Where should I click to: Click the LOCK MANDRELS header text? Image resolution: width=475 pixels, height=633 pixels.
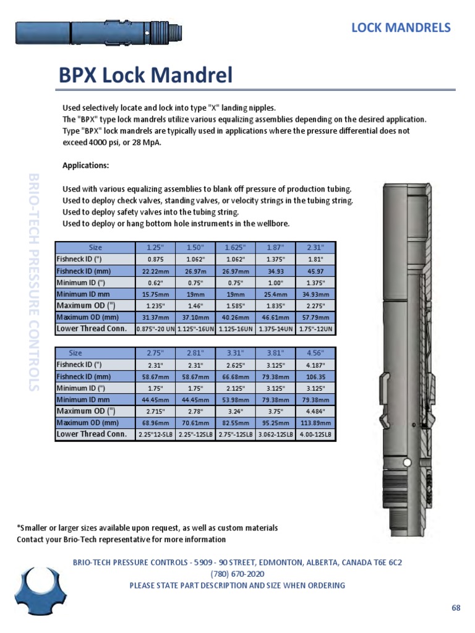401,28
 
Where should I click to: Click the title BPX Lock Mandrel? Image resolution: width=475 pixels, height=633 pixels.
145,75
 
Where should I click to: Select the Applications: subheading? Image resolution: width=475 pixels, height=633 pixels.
86,165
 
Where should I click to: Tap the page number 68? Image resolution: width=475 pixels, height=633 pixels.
456,608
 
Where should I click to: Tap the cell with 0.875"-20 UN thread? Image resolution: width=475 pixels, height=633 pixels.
155,329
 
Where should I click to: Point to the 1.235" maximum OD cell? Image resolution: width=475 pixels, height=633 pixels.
155,306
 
